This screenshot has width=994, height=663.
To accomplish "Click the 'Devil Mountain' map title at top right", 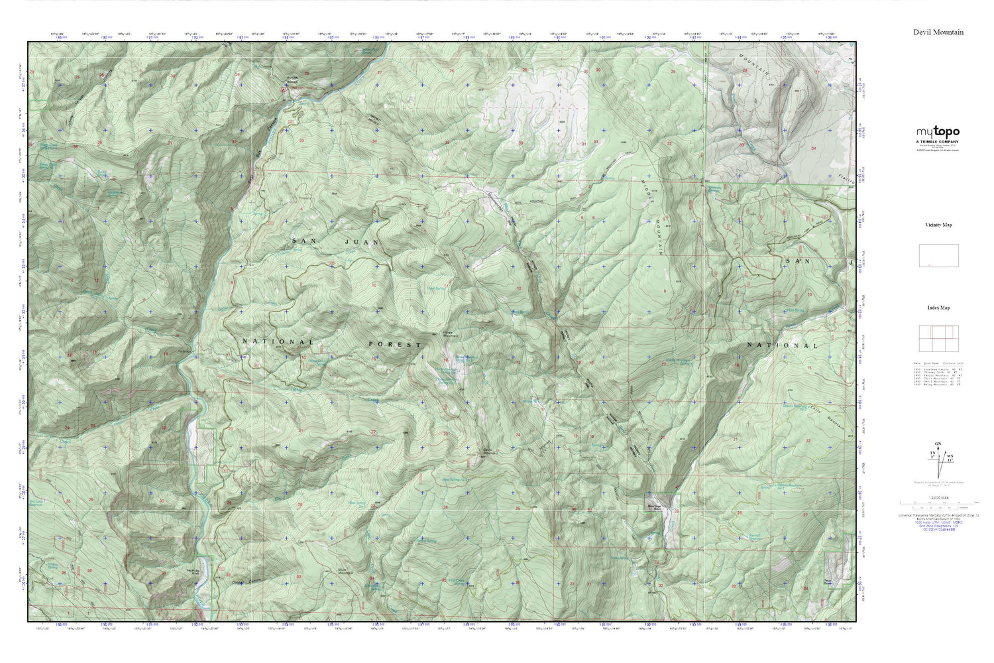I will pyautogui.click(x=938, y=32).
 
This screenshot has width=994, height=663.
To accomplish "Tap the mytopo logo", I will pyautogui.click(x=938, y=132).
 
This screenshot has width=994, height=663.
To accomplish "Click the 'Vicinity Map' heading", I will pyautogui.click(x=938, y=225).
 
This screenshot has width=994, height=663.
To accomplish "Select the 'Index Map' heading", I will pyautogui.click(x=938, y=308).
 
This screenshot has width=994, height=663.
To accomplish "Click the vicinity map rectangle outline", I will pyautogui.click(x=938, y=255).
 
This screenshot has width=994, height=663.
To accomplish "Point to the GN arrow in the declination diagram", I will pyautogui.click(x=937, y=443).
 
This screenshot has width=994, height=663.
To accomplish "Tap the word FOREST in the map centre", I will pyautogui.click(x=395, y=345).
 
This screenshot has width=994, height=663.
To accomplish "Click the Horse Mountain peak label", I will pyautogui.click(x=451, y=335).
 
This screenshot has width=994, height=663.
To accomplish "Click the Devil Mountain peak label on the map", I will pyautogui.click(x=489, y=452).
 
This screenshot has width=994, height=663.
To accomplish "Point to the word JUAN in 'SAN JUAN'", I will pyautogui.click(x=362, y=243).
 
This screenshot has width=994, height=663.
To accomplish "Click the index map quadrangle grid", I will pyautogui.click(x=938, y=339).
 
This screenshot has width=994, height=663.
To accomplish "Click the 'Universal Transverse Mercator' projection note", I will pyautogui.click(x=938, y=514).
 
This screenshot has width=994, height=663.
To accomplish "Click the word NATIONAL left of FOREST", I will pyautogui.click(x=278, y=342).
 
